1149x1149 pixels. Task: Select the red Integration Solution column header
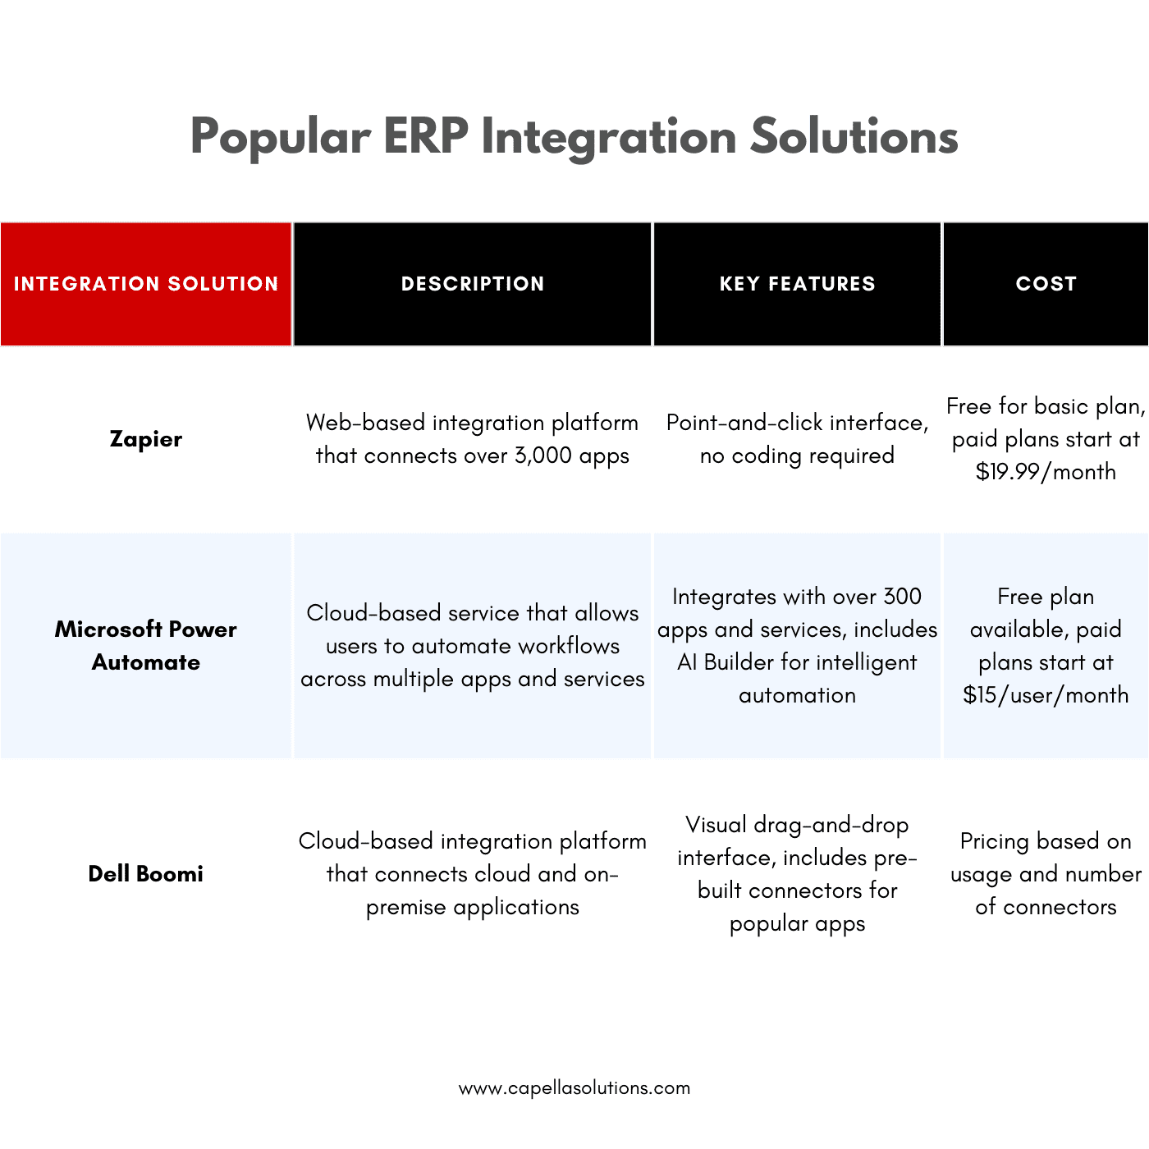pyautogui.click(x=146, y=284)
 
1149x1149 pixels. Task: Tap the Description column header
pyautogui.click(x=473, y=284)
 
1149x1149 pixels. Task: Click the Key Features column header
pyautogui.click(x=797, y=284)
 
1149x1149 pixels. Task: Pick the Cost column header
pyautogui.click(x=1046, y=284)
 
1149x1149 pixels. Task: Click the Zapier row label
pyautogui.click(x=146, y=439)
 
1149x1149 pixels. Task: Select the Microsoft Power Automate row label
pyautogui.click(x=146, y=646)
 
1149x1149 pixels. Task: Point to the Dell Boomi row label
pyautogui.click(x=146, y=874)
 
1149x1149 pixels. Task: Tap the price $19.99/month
pyautogui.click(x=1046, y=473)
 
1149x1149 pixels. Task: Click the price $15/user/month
pyautogui.click(x=1046, y=696)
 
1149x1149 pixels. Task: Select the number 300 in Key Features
pyautogui.click(x=902, y=597)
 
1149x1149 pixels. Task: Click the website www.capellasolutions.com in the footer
pyautogui.click(x=574, y=1088)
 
